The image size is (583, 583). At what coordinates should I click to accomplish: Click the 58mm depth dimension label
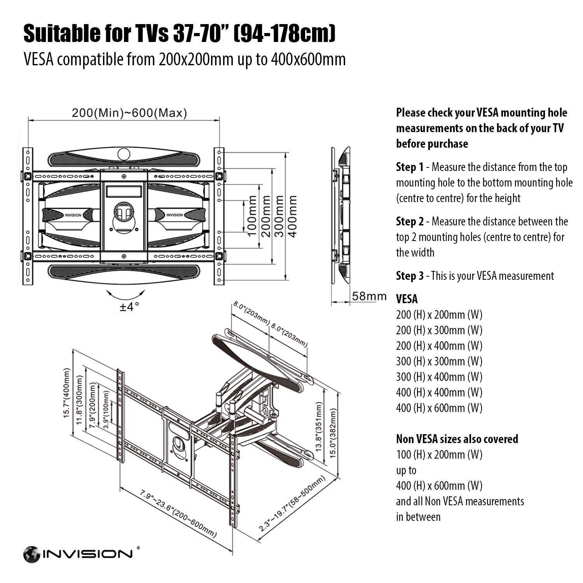click(369, 296)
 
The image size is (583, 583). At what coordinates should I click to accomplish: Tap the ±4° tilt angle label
click(129, 307)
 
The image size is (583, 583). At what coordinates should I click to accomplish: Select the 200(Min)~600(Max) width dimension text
click(129, 113)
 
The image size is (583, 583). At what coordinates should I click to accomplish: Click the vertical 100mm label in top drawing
click(252, 216)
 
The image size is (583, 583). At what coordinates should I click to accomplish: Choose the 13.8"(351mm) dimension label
click(319, 427)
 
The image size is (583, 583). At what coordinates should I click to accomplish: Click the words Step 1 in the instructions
click(410, 168)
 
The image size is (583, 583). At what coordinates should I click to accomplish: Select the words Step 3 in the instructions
click(410, 276)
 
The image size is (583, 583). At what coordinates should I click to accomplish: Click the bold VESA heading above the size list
click(407, 299)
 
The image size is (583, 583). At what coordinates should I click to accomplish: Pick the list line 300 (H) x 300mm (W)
click(439, 361)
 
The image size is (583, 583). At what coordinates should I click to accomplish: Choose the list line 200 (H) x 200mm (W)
click(439, 315)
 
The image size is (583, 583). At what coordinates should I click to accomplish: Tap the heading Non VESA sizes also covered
click(457, 439)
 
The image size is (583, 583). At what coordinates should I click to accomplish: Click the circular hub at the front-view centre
click(124, 213)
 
